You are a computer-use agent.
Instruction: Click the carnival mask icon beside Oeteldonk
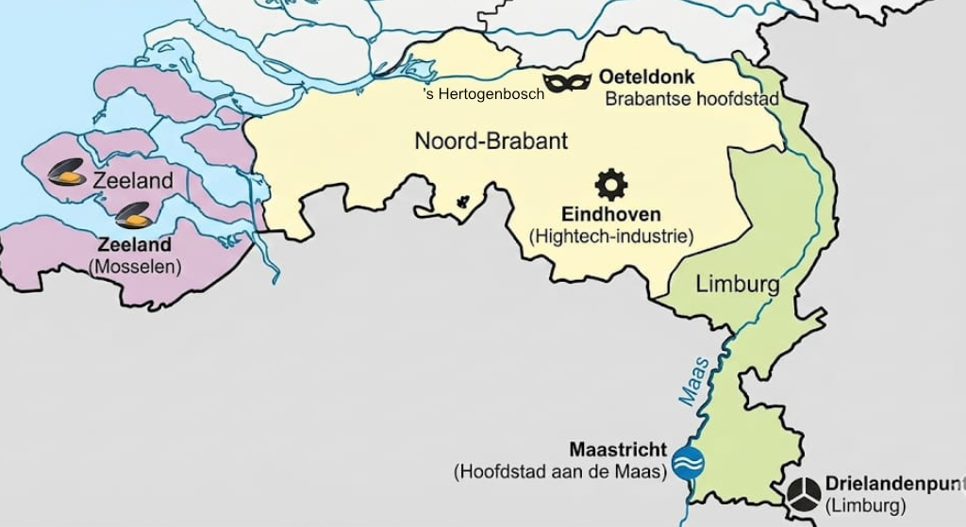pyautogui.click(x=567, y=83)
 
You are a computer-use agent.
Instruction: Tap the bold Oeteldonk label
pyautogui.click(x=647, y=77)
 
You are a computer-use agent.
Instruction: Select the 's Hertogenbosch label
pyautogui.click(x=483, y=94)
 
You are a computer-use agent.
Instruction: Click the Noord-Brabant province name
pyautogui.click(x=491, y=141)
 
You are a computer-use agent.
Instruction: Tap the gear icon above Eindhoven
pyautogui.click(x=611, y=184)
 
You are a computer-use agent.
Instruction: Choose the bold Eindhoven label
pyautogui.click(x=611, y=214)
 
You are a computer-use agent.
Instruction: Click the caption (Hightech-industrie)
pyautogui.click(x=611, y=236)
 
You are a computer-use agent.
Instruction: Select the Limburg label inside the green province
pyautogui.click(x=737, y=284)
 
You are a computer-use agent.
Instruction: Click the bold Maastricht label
pyautogui.click(x=618, y=449)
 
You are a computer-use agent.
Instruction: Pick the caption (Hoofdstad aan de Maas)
pyautogui.click(x=560, y=470)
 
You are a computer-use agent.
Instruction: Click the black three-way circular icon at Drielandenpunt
pyautogui.click(x=804, y=493)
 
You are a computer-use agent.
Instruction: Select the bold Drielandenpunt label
pyautogui.click(x=894, y=484)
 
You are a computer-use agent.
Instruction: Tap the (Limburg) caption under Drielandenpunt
pyautogui.click(x=865, y=506)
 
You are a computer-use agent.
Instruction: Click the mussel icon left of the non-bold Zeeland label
pyautogui.click(x=66, y=173)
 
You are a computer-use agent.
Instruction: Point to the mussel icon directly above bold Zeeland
pyautogui.click(x=133, y=216)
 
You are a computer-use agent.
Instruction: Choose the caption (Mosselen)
pyautogui.click(x=135, y=267)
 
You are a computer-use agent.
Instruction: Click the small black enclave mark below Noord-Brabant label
pyautogui.click(x=462, y=201)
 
